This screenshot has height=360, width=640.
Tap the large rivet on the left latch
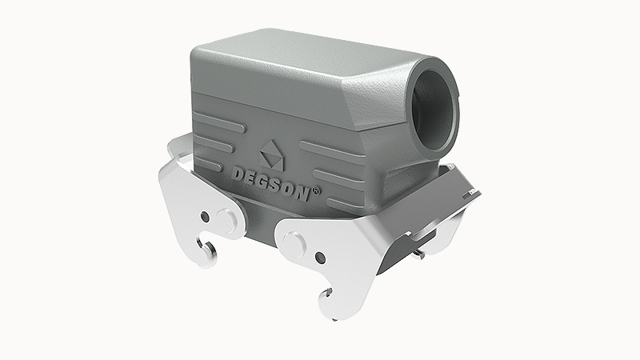pyautogui.click(x=226, y=218)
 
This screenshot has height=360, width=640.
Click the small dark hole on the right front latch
pyautogui.click(x=318, y=257)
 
